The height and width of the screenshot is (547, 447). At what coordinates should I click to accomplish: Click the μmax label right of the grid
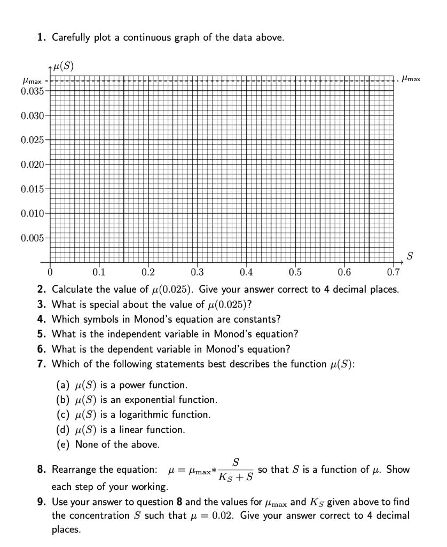(411, 79)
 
